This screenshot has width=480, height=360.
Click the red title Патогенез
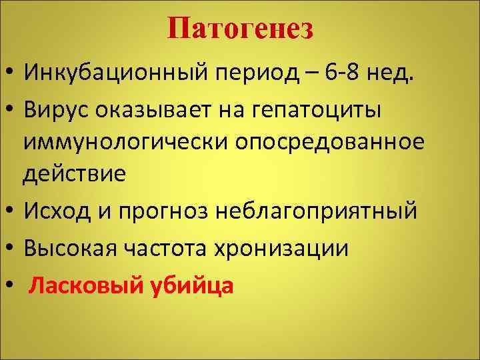(x=240, y=29)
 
